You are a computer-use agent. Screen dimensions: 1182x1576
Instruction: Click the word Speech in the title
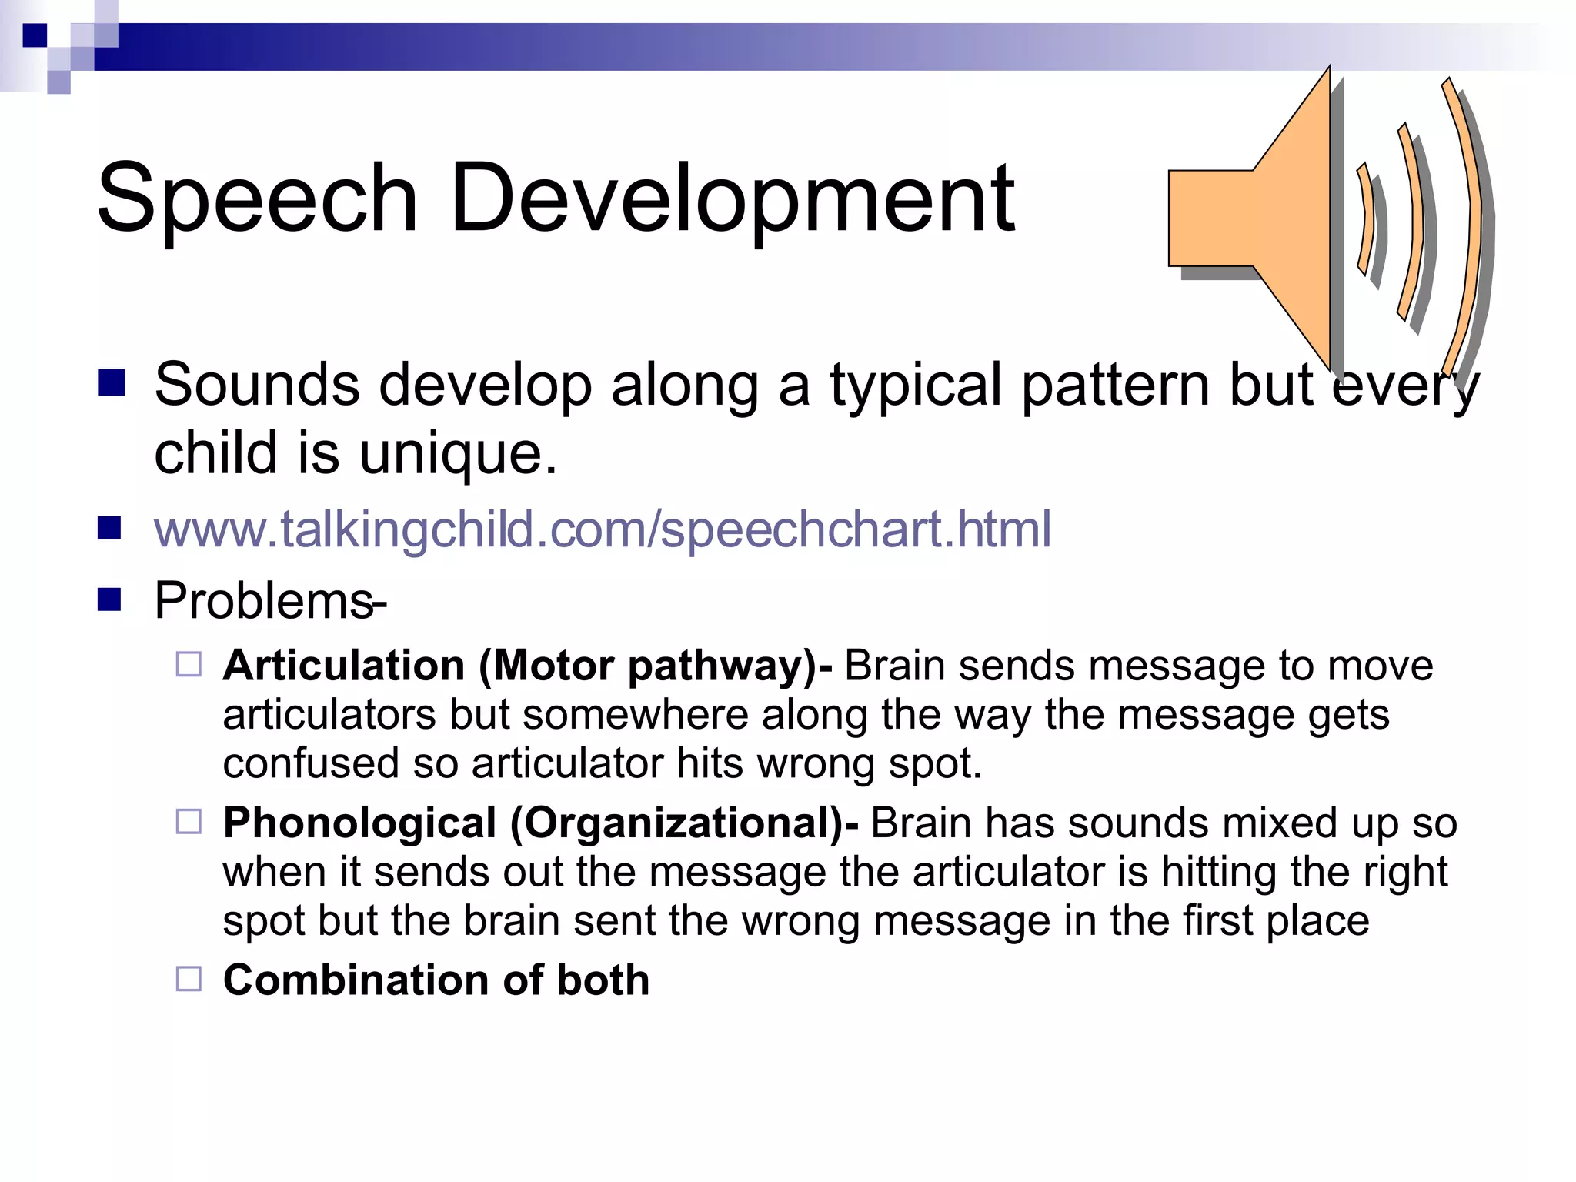[257, 199]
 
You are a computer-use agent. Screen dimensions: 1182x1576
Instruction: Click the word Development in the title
[733, 199]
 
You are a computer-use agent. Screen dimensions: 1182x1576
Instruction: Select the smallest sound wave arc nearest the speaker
[1367, 219]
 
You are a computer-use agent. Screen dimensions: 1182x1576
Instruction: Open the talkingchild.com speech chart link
[602, 529]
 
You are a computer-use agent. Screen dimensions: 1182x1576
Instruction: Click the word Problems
[263, 600]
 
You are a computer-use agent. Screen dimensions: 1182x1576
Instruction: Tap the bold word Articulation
[344, 666]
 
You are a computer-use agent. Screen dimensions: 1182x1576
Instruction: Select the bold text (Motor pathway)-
[656, 666]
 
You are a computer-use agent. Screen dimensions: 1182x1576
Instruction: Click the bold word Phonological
[359, 823]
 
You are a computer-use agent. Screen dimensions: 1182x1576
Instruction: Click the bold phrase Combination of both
[436, 980]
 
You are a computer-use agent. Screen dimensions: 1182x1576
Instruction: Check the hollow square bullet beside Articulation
[189, 664]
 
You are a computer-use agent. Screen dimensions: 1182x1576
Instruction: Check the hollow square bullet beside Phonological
[189, 821]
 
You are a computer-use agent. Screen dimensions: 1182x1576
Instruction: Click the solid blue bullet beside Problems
[110, 599]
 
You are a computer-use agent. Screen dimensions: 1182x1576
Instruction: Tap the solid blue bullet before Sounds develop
[112, 382]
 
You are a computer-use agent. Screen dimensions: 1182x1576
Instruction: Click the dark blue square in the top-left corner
[35, 35]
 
